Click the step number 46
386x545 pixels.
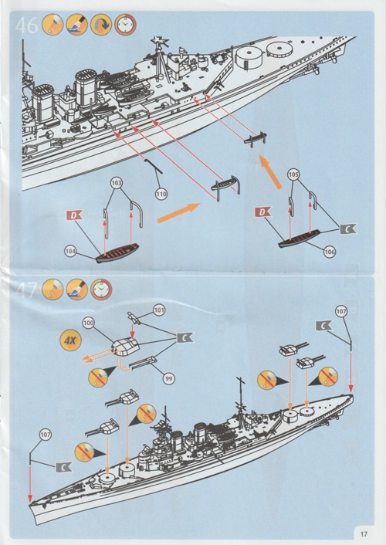26,25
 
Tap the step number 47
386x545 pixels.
26,290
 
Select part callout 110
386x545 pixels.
161,194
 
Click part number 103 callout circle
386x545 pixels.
117,183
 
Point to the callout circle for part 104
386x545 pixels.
70,251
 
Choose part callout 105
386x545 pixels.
294,174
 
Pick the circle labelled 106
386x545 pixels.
330,252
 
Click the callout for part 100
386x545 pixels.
89,323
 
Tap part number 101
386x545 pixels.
159,310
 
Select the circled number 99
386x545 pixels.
168,378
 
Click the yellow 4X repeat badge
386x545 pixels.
70,340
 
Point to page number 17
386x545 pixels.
364,534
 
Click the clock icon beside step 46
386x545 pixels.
126,25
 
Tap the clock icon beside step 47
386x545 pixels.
101,289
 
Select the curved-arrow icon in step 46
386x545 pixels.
101,25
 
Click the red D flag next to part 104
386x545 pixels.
74,215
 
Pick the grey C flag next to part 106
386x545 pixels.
348,228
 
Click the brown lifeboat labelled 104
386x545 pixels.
117,252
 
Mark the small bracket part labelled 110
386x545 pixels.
154,166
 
